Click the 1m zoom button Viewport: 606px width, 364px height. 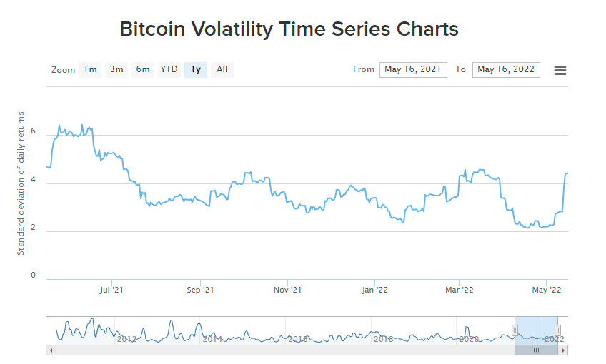[90, 69]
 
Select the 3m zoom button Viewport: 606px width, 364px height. [116, 69]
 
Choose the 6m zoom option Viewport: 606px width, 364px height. [143, 69]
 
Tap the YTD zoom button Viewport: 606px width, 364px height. [169, 69]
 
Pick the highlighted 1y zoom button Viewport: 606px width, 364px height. [196, 69]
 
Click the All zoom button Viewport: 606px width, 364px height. [222, 69]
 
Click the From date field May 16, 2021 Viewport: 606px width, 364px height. [413, 69]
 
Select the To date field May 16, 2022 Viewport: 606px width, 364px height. [506, 69]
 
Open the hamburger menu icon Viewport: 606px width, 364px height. [560, 70]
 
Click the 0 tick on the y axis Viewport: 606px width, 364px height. [33, 275]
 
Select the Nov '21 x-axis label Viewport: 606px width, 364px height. [287, 290]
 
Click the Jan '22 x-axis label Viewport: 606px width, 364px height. [374, 290]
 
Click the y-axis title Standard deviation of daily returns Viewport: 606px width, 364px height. [21, 183]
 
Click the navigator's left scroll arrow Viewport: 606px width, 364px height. [51, 350]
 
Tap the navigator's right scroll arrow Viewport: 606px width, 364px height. [564, 350]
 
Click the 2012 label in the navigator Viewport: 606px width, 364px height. [126, 339]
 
